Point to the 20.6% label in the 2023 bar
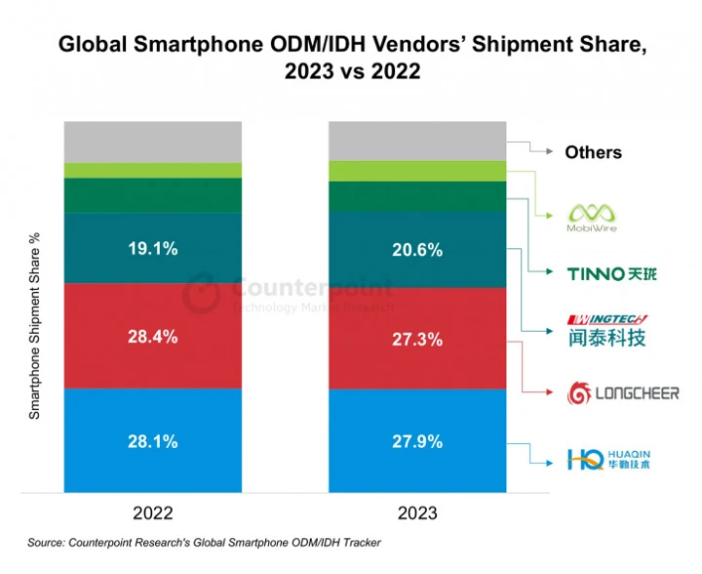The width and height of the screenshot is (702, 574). point(417,250)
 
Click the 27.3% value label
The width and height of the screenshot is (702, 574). point(417,340)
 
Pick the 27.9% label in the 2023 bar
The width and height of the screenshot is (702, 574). point(417,441)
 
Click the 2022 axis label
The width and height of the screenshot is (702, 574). point(152,512)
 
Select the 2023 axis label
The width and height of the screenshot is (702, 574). point(416,512)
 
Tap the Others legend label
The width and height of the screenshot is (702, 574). point(593,152)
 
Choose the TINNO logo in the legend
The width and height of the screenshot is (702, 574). point(611,272)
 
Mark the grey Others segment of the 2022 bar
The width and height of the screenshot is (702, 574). point(152,142)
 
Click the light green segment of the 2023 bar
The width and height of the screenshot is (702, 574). point(417,171)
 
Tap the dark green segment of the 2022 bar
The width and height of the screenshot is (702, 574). point(152,195)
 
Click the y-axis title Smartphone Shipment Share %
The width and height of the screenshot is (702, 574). point(36,326)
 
